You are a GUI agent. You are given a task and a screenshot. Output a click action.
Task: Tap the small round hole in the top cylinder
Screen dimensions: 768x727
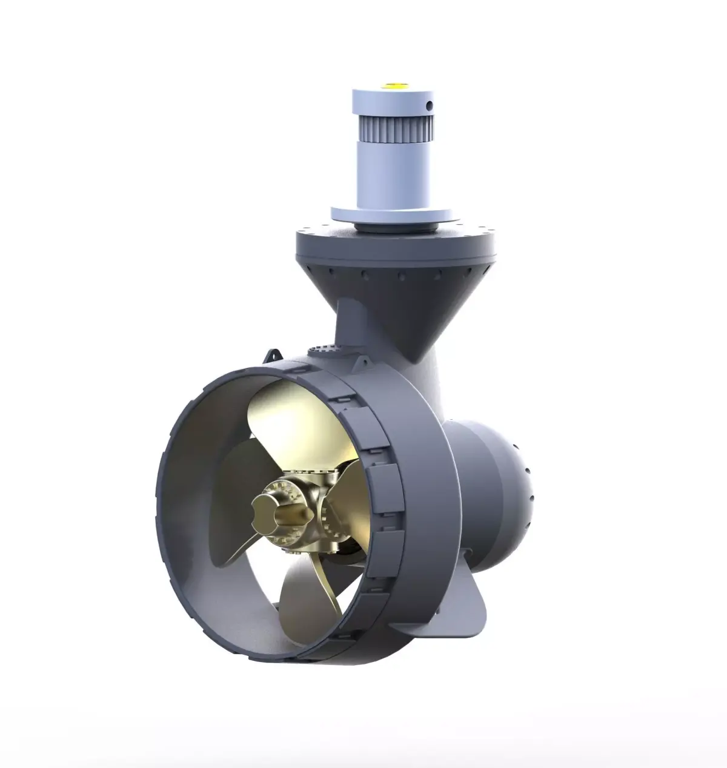430,106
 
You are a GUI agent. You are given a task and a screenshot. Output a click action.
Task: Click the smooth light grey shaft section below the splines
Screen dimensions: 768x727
391,182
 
